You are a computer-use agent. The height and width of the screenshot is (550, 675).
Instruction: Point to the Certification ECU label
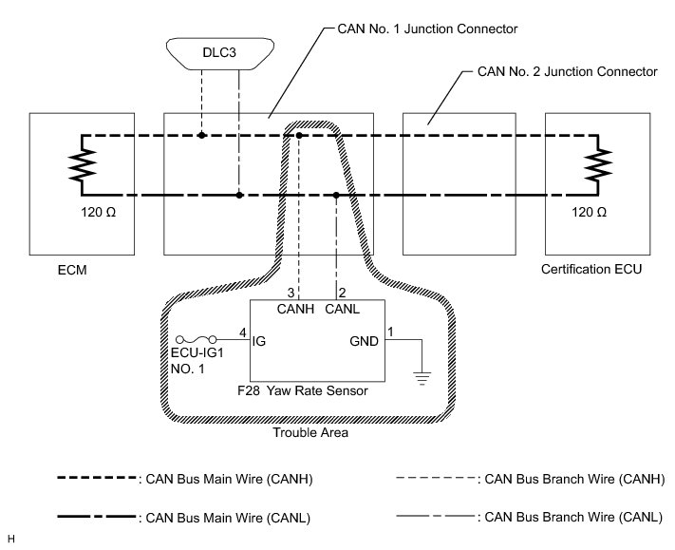[591, 270]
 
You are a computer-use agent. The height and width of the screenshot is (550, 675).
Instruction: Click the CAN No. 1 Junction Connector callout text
[427, 28]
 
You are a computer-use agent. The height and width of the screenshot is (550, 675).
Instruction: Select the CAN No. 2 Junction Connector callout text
[567, 71]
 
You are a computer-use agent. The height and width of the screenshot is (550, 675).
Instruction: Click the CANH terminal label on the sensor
[296, 309]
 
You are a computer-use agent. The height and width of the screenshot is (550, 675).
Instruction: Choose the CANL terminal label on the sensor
[341, 309]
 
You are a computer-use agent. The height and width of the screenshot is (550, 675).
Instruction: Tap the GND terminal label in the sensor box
[364, 340]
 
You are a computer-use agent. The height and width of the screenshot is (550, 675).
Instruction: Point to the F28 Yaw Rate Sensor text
[315, 390]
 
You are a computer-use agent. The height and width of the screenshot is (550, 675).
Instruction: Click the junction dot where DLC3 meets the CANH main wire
[202, 136]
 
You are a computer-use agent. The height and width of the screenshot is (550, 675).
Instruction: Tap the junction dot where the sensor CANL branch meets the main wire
[337, 196]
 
